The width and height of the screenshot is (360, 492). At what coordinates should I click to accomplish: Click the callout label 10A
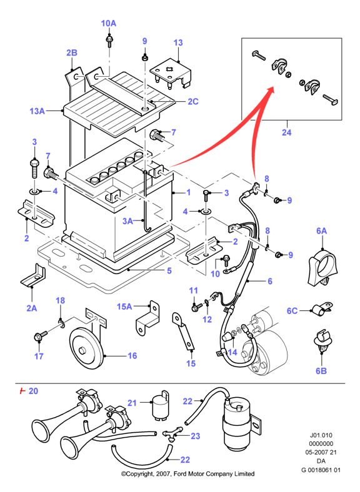(x=108, y=23)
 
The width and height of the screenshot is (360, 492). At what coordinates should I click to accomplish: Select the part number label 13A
(x=37, y=111)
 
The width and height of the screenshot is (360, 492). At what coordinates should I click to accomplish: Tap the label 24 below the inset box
(x=286, y=132)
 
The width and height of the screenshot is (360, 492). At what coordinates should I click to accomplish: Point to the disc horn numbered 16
(x=86, y=349)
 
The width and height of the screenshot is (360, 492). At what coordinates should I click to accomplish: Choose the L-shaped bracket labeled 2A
(x=33, y=276)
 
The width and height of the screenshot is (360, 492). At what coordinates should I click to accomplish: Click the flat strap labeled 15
(x=183, y=331)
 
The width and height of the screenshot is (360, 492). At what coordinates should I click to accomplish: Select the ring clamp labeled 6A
(x=322, y=267)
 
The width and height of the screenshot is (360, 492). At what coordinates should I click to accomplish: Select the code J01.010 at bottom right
(x=321, y=435)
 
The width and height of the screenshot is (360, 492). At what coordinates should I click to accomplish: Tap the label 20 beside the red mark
(x=33, y=391)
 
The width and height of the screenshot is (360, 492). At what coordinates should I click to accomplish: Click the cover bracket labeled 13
(x=171, y=74)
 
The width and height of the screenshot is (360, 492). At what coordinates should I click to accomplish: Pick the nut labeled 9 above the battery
(x=144, y=58)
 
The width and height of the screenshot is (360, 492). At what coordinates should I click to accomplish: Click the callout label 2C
(x=193, y=101)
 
